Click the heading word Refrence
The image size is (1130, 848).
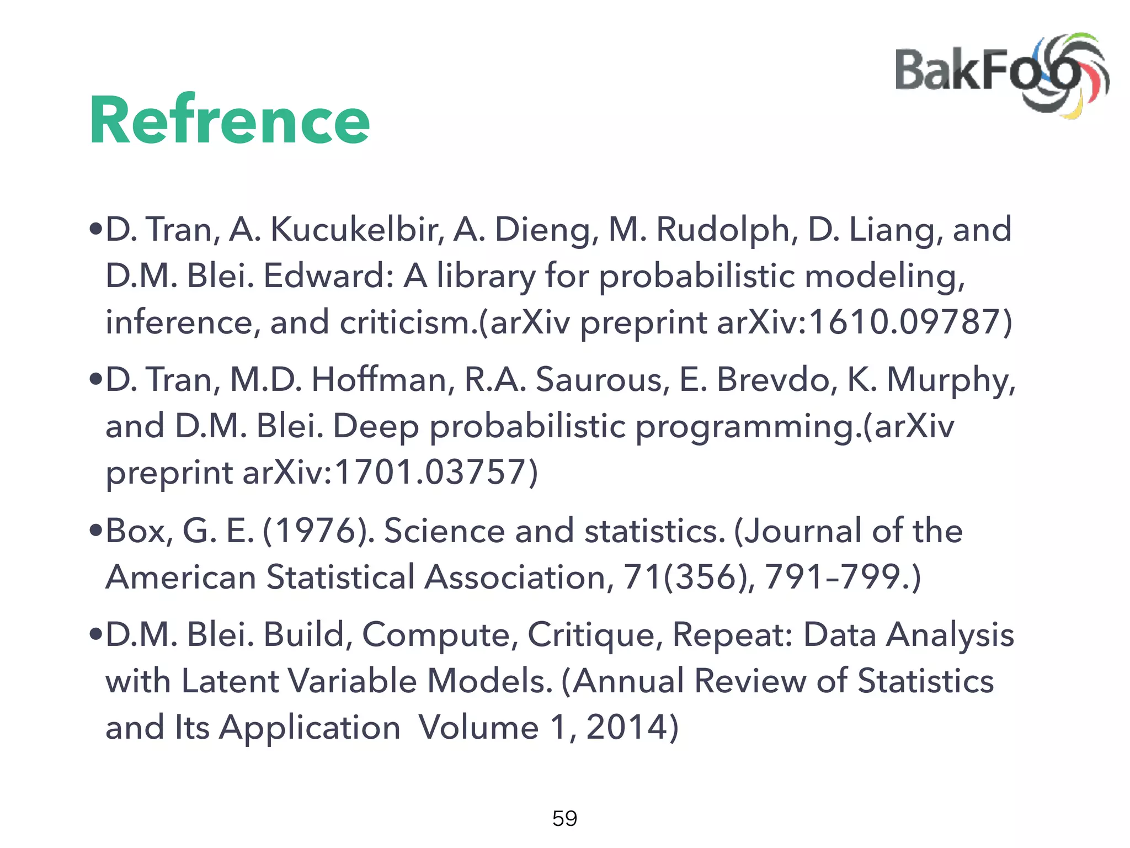pyautogui.click(x=229, y=120)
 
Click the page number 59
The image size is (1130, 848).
pyautogui.click(x=564, y=818)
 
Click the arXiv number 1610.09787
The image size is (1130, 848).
pyautogui.click(x=905, y=322)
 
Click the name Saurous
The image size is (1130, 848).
pyautogui.click(x=602, y=380)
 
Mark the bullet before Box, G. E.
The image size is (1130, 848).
pyautogui.click(x=96, y=531)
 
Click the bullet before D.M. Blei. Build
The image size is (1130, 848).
pyautogui.click(x=96, y=635)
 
